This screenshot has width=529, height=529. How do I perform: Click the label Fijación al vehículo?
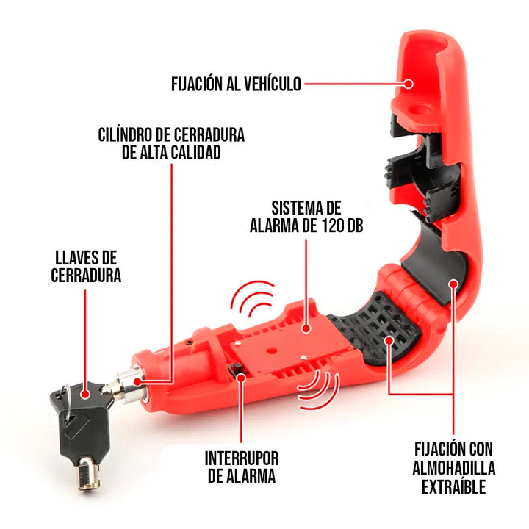[236, 84]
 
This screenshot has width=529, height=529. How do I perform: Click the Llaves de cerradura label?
[87, 266]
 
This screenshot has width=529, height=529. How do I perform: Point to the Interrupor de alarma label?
[242, 467]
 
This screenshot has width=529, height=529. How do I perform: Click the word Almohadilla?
[453, 467]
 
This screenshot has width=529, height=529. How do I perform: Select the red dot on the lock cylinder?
[140, 381]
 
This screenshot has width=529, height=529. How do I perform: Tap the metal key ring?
[68, 390]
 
